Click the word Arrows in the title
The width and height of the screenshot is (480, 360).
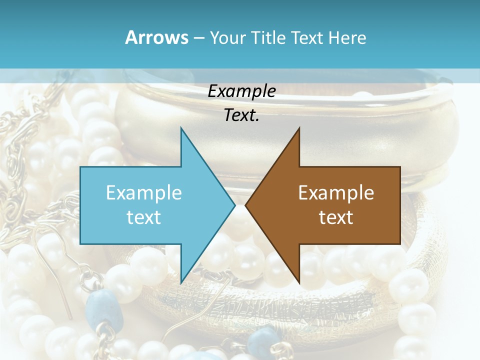pos(156,37)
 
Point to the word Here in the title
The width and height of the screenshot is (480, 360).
pos(347,37)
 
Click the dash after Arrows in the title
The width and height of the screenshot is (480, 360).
pos(198,38)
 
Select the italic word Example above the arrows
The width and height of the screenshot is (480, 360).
pos(241,91)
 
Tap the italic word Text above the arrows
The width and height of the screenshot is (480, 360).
pos(239,115)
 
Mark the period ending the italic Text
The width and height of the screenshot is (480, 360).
pos(257,120)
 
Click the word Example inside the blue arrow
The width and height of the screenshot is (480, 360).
pos(143,192)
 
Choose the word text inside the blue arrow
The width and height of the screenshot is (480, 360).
pos(143,217)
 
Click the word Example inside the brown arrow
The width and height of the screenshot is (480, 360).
pos(336,192)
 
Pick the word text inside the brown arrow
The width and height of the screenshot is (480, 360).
pos(336,217)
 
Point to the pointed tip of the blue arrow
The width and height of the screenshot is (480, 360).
pos(235,205)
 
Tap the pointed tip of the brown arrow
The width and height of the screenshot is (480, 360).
pos(245,205)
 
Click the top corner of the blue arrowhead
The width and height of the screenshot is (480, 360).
pos(181,128)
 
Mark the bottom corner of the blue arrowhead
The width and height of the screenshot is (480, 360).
pos(181,283)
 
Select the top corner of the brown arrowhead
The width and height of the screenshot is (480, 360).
pos(299,128)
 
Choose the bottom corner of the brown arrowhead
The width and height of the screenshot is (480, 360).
pos(299,283)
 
